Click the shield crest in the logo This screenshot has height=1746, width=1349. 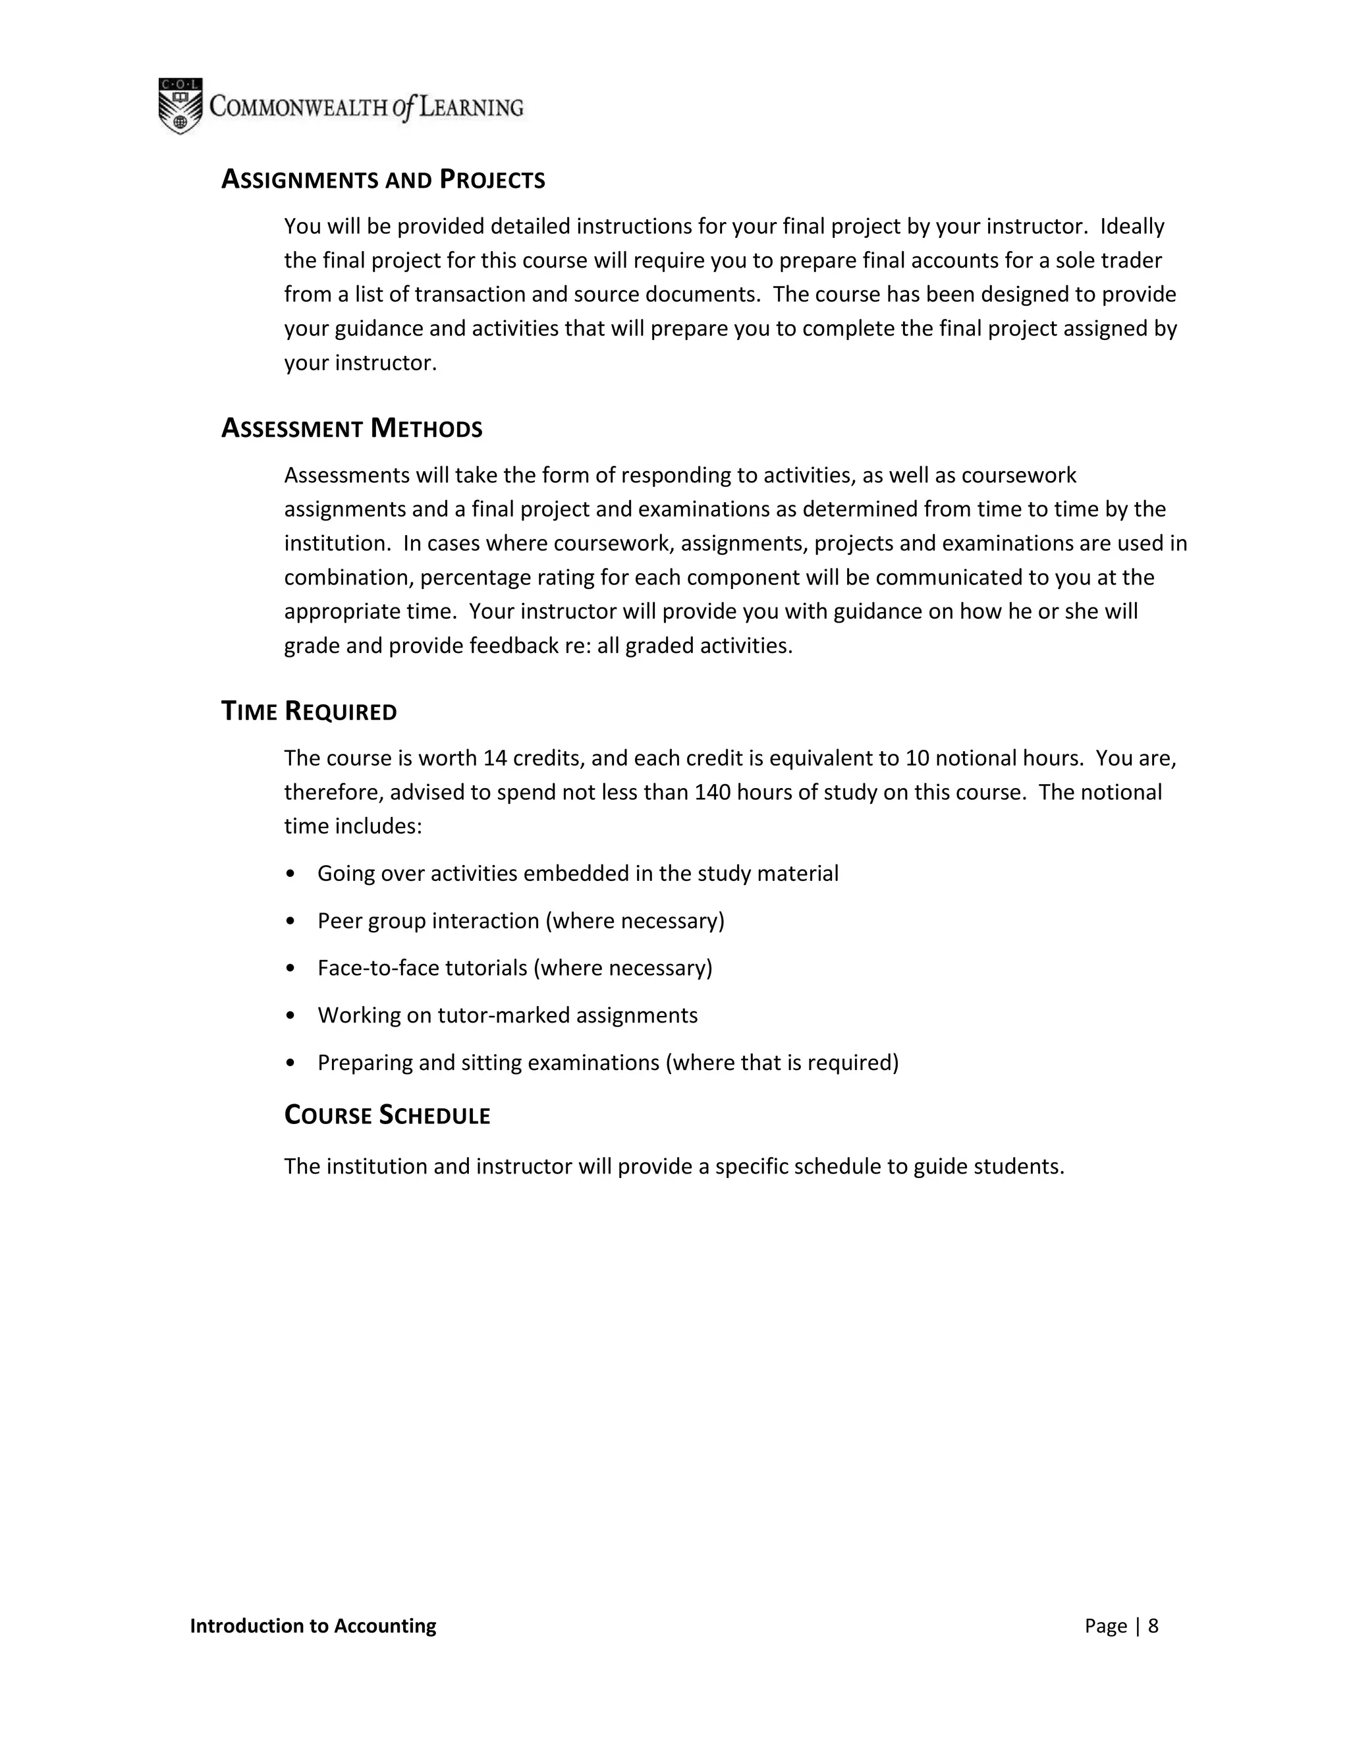pyautogui.click(x=180, y=106)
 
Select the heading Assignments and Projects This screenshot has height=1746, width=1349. pyautogui.click(x=383, y=180)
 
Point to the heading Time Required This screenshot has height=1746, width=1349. pyautogui.click(x=308, y=712)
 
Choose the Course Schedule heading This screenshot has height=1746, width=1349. pyautogui.click(x=387, y=1115)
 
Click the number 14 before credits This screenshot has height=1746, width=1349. pyautogui.click(x=495, y=758)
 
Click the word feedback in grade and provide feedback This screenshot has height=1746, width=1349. pyautogui.click(x=510, y=646)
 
